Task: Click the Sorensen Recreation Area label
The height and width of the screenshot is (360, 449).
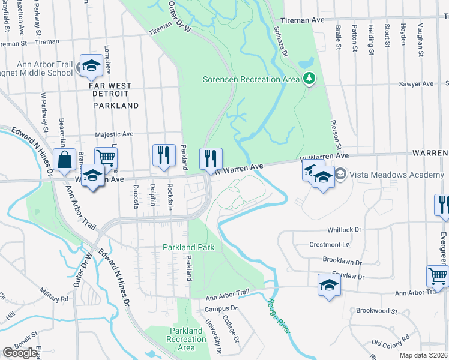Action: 250,79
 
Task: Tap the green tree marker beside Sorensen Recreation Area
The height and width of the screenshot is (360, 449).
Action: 309,79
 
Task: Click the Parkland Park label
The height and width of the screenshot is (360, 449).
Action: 188,247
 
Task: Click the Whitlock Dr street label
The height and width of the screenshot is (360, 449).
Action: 345,230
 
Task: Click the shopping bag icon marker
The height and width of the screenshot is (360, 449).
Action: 64,161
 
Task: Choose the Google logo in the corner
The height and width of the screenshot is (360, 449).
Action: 20,353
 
